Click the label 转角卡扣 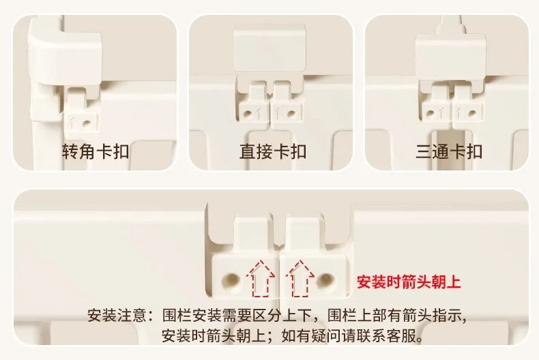click(96, 151)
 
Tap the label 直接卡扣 click(273, 151)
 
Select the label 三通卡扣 click(449, 151)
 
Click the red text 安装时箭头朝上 click(409, 282)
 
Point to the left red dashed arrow click(260, 279)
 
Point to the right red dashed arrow click(300, 279)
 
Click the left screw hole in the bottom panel click(231, 280)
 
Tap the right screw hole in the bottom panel click(325, 280)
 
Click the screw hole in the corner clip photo click(87, 122)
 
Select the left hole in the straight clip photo click(247, 113)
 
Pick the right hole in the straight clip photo click(291, 113)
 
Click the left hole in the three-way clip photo click(431, 113)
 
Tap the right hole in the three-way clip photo click(472, 113)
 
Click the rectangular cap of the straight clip click(269, 48)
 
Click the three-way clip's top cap click(451, 55)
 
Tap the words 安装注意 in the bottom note click(117, 315)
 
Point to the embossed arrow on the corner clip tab click(72, 123)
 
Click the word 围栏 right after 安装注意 click(177, 315)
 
